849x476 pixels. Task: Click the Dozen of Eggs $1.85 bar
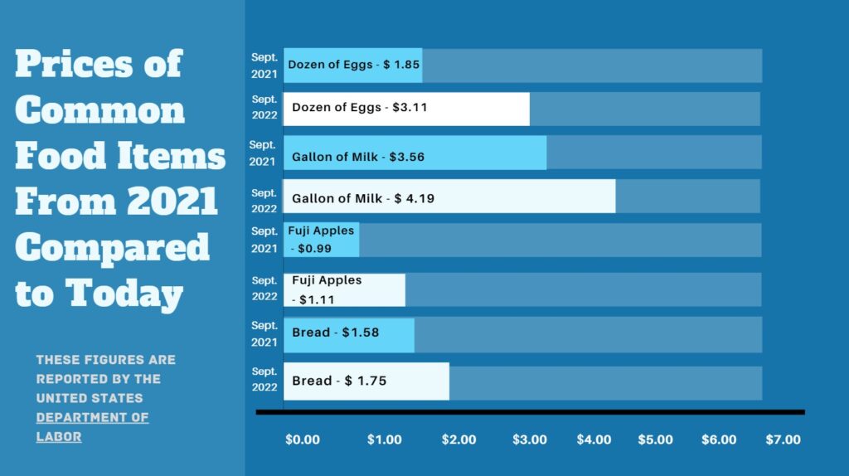(x=352, y=66)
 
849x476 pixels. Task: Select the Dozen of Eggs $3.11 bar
(x=406, y=109)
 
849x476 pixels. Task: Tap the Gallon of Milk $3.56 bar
(x=415, y=153)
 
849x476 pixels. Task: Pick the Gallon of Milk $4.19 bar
(x=449, y=197)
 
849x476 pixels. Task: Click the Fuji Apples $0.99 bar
(x=322, y=240)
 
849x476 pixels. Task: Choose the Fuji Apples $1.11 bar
(x=344, y=289)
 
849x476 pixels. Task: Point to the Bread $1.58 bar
(x=348, y=334)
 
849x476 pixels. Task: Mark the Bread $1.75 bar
(x=366, y=381)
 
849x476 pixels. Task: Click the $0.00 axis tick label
(x=302, y=440)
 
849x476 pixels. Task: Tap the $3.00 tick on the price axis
(x=530, y=440)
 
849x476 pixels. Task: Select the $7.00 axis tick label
(x=784, y=440)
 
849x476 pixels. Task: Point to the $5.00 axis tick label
(x=656, y=440)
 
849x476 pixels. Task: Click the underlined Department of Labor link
(x=92, y=426)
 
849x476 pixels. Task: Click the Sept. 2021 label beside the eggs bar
(x=264, y=66)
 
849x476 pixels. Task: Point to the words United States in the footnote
(x=90, y=398)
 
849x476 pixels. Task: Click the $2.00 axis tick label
(x=458, y=440)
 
